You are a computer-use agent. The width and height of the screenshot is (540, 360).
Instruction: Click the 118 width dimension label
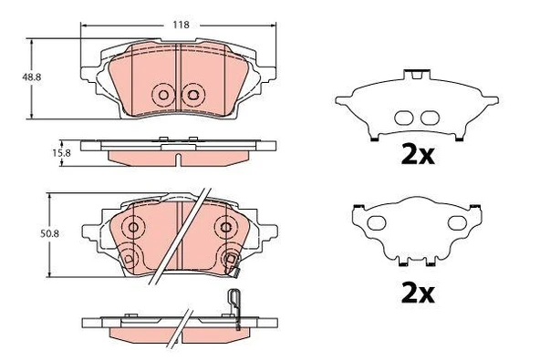pyautogui.click(x=181, y=25)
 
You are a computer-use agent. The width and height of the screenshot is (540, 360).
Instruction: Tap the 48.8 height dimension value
pyautogui.click(x=32, y=77)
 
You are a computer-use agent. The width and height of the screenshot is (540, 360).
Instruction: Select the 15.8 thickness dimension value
pyautogui.click(x=61, y=153)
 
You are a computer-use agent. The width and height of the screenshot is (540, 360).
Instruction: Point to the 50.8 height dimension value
pyautogui.click(x=49, y=234)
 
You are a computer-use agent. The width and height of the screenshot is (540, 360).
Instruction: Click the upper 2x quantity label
pyautogui.click(x=418, y=156)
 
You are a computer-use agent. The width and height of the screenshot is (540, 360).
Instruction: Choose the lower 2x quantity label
pyautogui.click(x=418, y=294)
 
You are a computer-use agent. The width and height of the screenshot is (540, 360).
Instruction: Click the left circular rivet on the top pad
pyautogui.click(x=163, y=95)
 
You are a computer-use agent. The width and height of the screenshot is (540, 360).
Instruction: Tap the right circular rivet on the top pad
pyautogui.click(x=193, y=95)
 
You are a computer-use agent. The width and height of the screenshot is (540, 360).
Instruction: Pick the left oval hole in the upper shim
pyautogui.click(x=403, y=118)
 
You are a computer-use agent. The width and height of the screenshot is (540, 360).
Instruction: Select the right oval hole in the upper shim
pyautogui.click(x=431, y=118)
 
